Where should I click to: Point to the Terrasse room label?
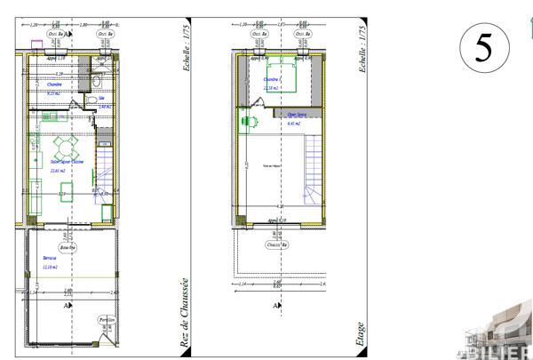pos(49,257)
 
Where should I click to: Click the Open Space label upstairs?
pos(295,114)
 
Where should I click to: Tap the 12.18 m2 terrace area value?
pos(50,267)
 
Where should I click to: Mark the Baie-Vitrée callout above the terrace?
pos(68,246)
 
